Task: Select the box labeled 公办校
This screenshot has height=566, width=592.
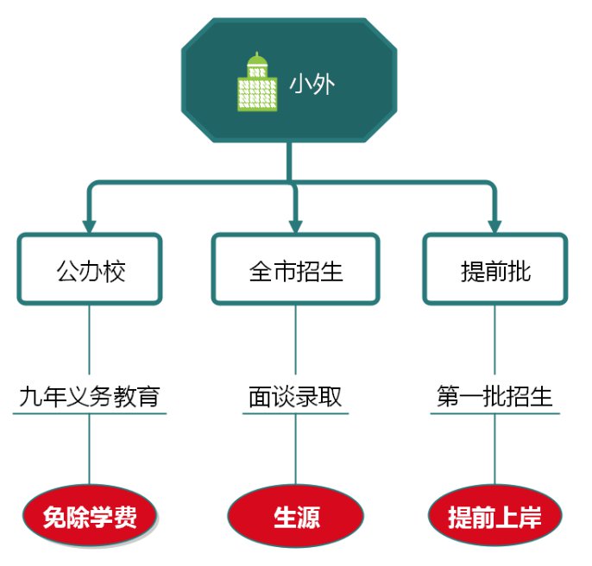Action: point(90,269)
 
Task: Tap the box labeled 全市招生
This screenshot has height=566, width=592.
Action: point(296,269)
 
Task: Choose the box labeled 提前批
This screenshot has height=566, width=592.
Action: point(495,269)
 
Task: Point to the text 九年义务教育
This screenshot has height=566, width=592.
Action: point(90,397)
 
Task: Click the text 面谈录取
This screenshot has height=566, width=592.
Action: point(296,397)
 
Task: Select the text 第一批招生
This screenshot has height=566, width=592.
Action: point(494,397)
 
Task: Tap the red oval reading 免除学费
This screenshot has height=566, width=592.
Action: point(90,517)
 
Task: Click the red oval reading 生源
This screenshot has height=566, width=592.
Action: point(296,517)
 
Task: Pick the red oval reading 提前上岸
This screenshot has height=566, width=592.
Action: point(494,517)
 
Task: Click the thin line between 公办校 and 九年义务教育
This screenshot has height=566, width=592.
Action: point(90,341)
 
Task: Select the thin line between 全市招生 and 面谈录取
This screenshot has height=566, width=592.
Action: point(296,341)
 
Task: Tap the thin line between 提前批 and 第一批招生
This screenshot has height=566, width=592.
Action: point(494,341)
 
